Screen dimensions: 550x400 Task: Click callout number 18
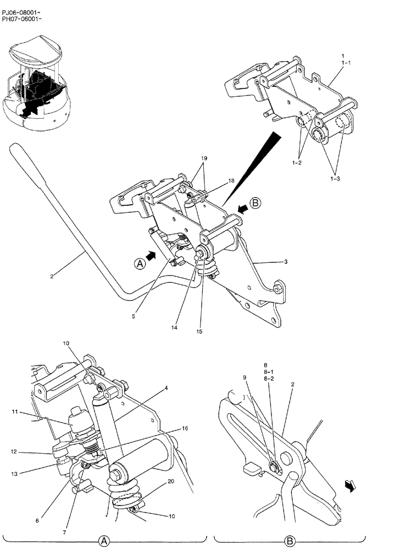[216, 181]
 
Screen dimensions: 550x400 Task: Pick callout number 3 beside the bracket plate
[286, 262]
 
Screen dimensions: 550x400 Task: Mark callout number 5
[134, 316]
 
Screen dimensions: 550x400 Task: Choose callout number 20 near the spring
[171, 481]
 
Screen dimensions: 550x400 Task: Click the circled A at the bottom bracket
[109, 541]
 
